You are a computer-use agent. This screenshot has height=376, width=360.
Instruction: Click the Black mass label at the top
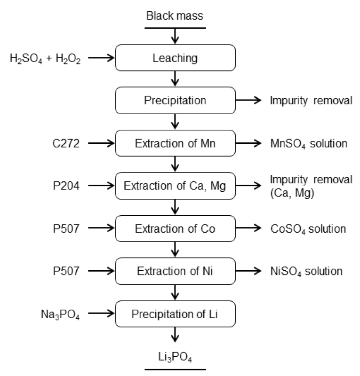coord(175,16)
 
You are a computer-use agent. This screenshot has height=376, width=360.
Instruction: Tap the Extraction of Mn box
coord(175,142)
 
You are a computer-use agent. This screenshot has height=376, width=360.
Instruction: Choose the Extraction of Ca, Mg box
coord(175,185)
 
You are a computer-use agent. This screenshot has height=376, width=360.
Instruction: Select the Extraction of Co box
coord(175,228)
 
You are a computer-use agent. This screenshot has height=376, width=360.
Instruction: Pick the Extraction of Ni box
coord(175,271)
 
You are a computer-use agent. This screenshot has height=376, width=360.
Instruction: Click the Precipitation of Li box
coord(175,314)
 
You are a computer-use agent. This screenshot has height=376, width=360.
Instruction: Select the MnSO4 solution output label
coord(308,143)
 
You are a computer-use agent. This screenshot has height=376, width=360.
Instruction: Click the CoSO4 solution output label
coord(308,229)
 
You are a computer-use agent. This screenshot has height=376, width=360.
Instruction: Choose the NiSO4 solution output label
coord(306,272)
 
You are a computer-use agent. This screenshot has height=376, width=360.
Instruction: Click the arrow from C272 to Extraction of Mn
coord(102,142)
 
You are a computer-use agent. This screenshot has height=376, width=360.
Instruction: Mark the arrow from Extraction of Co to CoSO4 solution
coord(249,228)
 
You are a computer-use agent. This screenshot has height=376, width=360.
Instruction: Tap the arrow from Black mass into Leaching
coord(175,36)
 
